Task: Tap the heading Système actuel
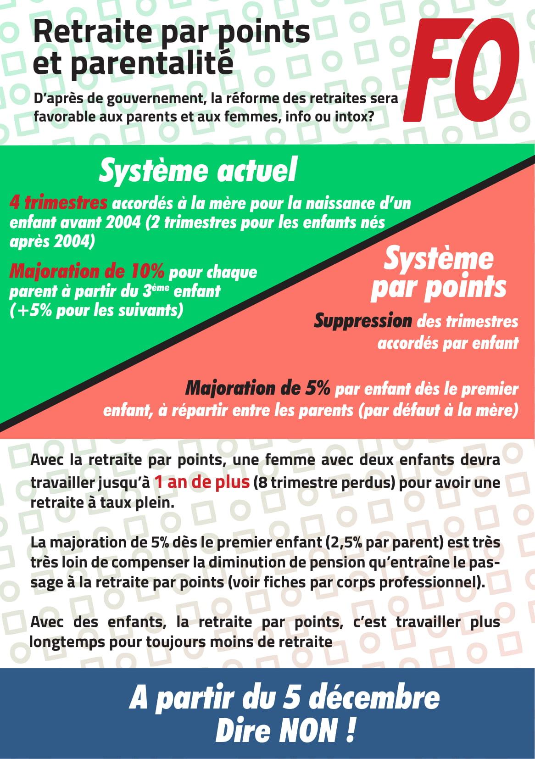[x=198, y=170]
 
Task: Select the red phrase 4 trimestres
[x=58, y=202]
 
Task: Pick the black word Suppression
[x=362, y=321]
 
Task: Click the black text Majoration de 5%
[x=257, y=389]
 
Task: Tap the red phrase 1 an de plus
[x=201, y=482]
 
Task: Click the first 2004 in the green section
[x=123, y=223]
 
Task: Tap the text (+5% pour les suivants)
[x=96, y=311]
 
